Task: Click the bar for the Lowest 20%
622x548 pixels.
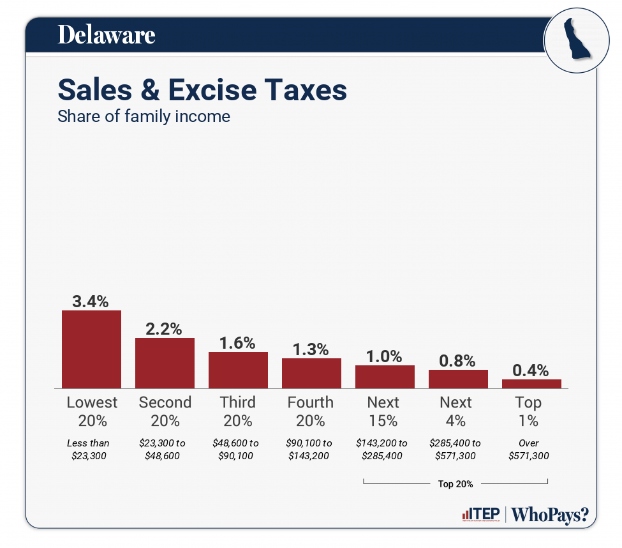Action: point(91,349)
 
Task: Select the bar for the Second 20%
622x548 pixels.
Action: point(165,363)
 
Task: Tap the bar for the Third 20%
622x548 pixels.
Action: point(238,370)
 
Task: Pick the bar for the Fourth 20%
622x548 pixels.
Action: point(311,373)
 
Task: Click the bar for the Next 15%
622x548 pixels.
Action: point(385,377)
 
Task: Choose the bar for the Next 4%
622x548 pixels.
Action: point(458,379)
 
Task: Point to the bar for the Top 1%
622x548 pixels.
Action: point(531,384)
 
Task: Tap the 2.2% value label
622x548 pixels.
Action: point(165,329)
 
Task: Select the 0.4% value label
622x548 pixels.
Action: point(531,370)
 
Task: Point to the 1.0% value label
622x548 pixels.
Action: point(385,356)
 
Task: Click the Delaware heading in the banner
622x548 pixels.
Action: point(107,34)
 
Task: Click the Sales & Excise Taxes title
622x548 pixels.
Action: point(202,90)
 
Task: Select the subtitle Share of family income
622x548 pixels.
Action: point(144,117)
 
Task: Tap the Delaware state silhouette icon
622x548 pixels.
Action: point(572,40)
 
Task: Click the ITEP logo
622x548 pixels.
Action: point(481,515)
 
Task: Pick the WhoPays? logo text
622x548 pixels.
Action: point(550,515)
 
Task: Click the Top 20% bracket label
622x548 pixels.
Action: point(455,484)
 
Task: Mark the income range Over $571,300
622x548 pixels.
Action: point(528,449)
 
